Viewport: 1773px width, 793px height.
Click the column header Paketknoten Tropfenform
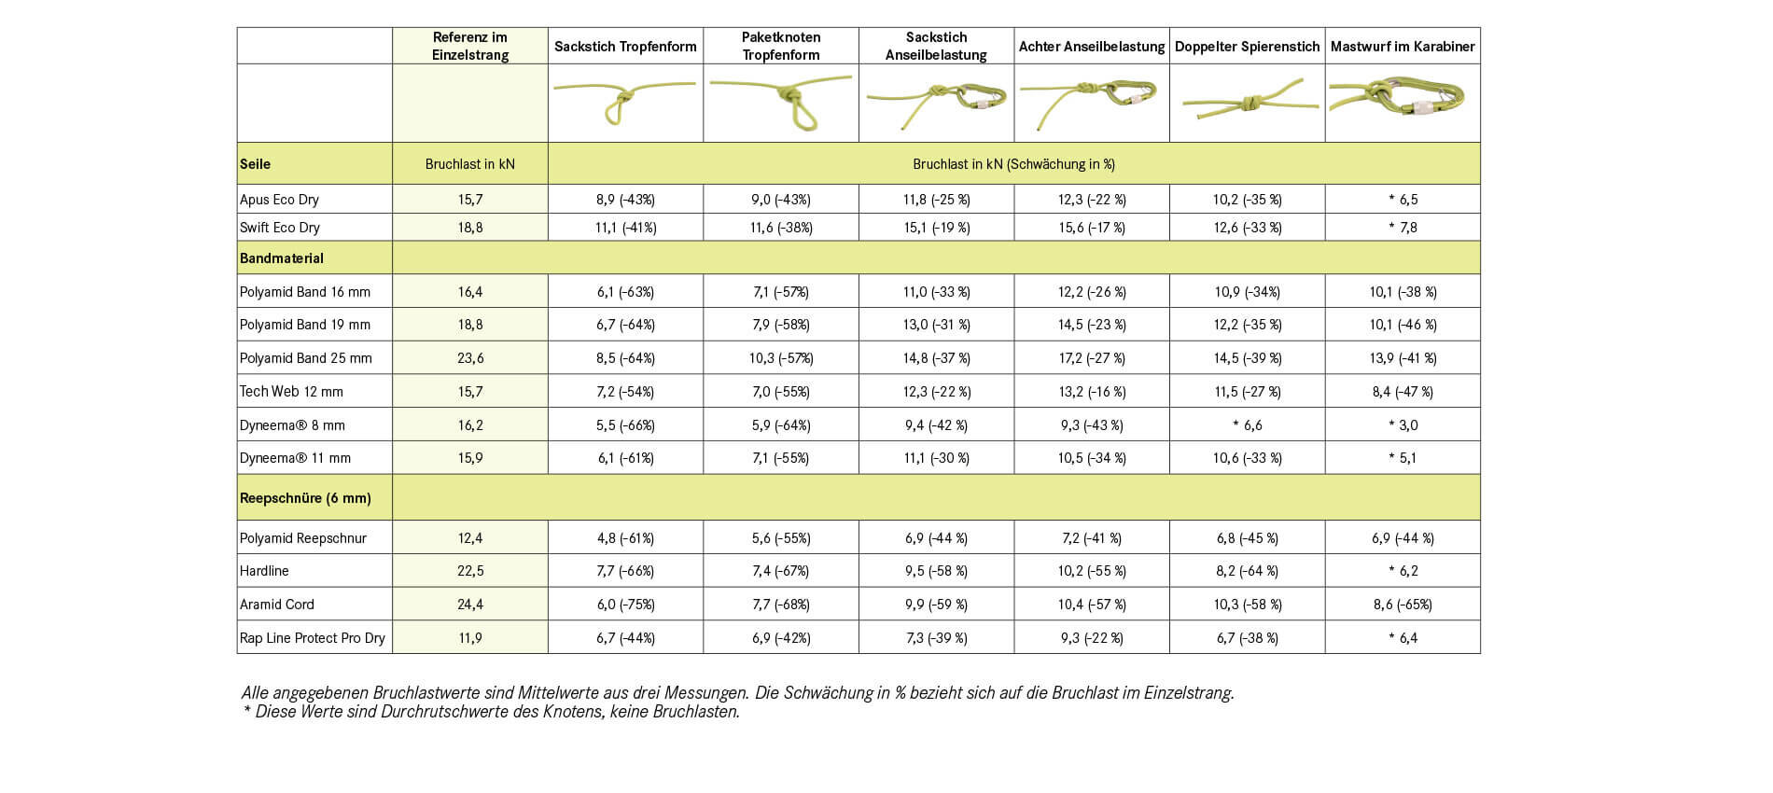click(x=781, y=46)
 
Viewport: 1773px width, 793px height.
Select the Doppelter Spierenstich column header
click(x=1247, y=46)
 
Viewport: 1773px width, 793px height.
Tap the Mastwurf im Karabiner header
click(x=1403, y=46)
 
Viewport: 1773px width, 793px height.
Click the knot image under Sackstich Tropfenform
click(x=624, y=103)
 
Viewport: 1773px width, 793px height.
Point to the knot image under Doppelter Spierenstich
click(x=1247, y=103)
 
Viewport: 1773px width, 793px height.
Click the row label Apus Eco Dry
click(x=279, y=199)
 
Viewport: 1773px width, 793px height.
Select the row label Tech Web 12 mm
click(x=291, y=392)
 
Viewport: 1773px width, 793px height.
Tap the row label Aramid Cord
click(x=277, y=605)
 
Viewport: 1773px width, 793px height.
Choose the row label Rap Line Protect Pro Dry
click(x=313, y=638)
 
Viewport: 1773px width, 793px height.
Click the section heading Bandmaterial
click(x=282, y=258)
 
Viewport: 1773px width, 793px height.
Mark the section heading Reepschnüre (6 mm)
click(x=305, y=498)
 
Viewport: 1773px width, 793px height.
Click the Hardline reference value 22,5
click(x=470, y=571)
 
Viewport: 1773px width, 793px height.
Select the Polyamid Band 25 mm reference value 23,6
click(x=470, y=358)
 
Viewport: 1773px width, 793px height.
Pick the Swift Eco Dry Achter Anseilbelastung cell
click(x=1092, y=228)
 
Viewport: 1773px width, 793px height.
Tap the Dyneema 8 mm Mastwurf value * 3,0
click(x=1403, y=425)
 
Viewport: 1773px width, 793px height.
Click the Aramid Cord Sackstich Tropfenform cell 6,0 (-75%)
click(x=625, y=605)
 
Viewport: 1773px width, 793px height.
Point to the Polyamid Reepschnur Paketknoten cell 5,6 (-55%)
click(x=781, y=538)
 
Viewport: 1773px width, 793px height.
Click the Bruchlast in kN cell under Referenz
click(x=470, y=164)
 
